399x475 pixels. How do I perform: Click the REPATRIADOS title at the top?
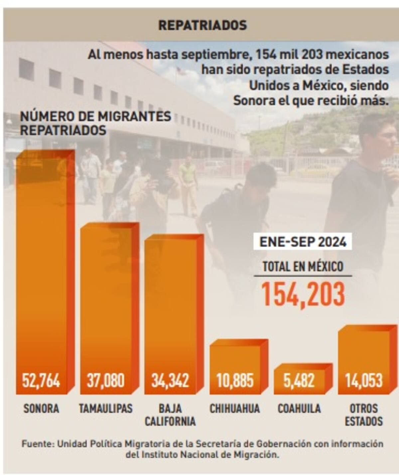click(202, 25)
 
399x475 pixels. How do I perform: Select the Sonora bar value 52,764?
click(41, 381)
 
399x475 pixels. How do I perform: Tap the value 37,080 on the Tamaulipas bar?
click(106, 381)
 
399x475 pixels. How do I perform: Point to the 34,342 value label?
click(170, 381)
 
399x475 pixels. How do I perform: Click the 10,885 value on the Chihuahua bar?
click(235, 381)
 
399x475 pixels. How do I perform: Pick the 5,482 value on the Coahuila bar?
click(299, 381)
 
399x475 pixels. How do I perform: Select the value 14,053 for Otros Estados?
click(364, 381)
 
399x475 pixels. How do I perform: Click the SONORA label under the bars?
click(41, 408)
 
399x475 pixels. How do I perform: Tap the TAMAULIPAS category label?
click(106, 408)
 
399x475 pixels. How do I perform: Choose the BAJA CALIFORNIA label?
click(170, 415)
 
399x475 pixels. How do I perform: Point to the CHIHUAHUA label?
click(235, 408)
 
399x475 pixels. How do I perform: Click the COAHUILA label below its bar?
click(299, 408)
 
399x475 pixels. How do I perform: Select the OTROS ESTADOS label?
click(364, 415)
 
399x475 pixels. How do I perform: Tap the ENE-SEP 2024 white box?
click(303, 242)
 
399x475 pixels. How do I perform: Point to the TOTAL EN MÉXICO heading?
click(303, 266)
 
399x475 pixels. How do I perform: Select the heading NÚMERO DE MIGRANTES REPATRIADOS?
click(96, 123)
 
